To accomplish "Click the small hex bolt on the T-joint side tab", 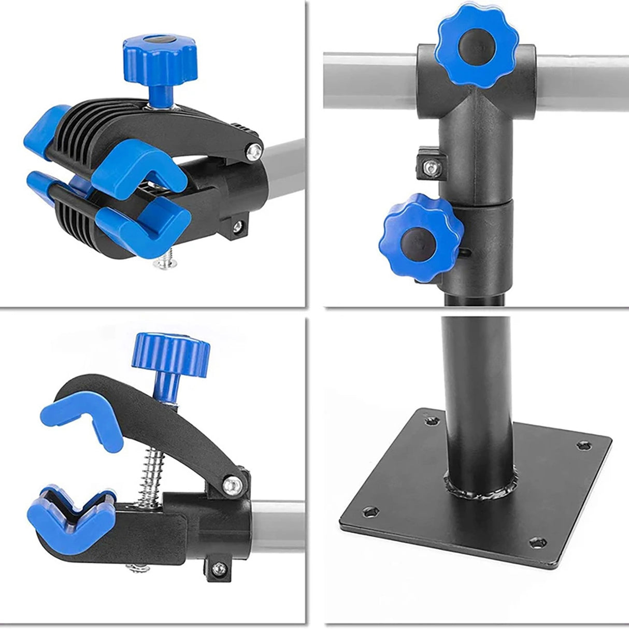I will click(x=430, y=166).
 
